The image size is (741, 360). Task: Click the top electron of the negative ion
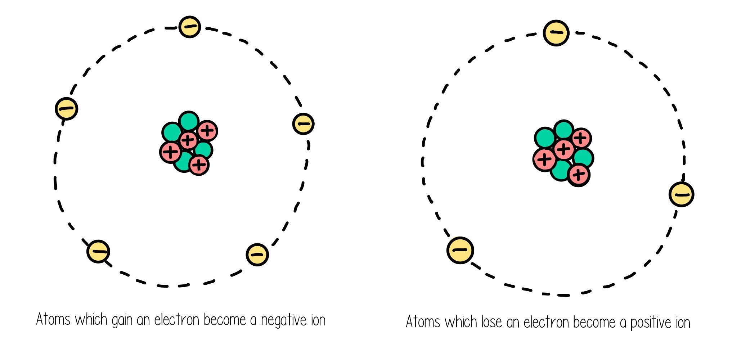189,27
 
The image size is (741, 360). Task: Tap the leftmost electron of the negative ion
67,108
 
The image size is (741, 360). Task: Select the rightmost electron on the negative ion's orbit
304,124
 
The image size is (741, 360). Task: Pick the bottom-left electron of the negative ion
98,251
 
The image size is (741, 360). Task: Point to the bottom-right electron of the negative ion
257,255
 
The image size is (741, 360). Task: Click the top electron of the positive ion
556,33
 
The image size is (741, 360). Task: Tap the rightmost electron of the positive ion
681,194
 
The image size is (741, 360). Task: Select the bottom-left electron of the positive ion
460,250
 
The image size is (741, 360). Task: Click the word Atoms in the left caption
53,319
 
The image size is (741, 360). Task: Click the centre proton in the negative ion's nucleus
188,140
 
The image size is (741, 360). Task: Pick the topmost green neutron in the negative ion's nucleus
189,121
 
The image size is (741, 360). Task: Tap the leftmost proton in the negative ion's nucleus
170,152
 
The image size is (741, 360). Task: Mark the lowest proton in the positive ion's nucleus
578,175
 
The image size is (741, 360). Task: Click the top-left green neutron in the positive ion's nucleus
545,138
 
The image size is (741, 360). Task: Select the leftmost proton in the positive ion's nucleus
544,159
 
